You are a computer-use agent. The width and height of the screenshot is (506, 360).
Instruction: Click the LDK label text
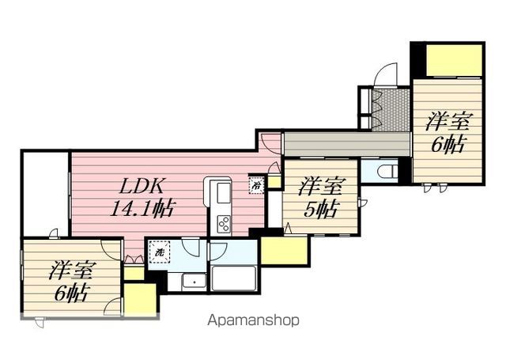coord(142,186)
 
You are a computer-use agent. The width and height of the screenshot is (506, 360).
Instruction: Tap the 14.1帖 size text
coord(142,208)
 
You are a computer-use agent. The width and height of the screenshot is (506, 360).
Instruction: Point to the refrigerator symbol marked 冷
coord(257,185)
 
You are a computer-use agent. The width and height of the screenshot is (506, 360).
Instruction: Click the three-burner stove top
coord(224,223)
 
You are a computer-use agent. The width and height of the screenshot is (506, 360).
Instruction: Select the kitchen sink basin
coord(223,193)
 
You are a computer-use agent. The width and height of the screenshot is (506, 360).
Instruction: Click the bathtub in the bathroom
coord(233,279)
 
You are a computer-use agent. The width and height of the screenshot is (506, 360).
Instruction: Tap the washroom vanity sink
coord(194,282)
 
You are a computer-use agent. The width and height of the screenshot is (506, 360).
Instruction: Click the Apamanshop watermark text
coord(253,320)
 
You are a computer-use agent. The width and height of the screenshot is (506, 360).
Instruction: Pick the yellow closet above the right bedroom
coord(454,60)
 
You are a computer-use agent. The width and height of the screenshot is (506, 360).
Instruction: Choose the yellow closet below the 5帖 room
coord(285,251)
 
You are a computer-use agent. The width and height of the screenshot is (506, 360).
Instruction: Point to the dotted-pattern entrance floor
coord(391,110)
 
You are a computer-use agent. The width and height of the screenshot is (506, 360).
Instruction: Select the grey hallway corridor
coord(346,144)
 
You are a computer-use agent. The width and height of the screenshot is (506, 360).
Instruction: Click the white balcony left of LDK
coord(46,195)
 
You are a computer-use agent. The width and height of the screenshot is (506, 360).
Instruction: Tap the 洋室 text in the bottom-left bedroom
coord(72,271)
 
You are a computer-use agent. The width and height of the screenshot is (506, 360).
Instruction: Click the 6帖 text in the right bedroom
coord(448,144)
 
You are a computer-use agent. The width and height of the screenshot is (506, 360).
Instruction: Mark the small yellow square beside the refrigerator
coord(274,181)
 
